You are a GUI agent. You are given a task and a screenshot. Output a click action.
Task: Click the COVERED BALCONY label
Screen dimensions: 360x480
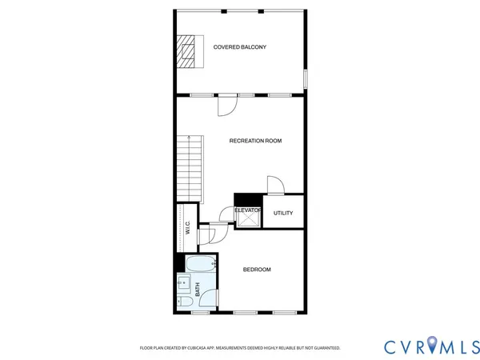coord(239,47)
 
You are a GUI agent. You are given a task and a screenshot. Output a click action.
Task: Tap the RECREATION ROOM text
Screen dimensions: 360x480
coord(255,141)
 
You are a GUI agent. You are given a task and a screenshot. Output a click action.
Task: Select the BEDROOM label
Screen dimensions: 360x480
coord(257,270)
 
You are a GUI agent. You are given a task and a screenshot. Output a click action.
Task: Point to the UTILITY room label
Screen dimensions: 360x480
coord(283,213)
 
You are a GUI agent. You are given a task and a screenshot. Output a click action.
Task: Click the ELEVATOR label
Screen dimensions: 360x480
coord(248,210)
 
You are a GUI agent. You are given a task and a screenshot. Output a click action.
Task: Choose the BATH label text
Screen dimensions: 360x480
coord(197,290)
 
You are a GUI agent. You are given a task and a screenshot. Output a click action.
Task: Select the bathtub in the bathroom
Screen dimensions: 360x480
coord(199,263)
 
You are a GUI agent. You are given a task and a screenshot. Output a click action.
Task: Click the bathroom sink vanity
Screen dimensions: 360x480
coord(183,283)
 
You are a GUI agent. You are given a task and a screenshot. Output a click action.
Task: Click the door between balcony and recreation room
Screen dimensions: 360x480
coord(226,102)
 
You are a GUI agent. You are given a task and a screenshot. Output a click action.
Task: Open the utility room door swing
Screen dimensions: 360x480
coord(274,185)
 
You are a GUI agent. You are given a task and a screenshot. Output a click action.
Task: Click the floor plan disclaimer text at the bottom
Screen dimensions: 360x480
coord(240,348)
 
